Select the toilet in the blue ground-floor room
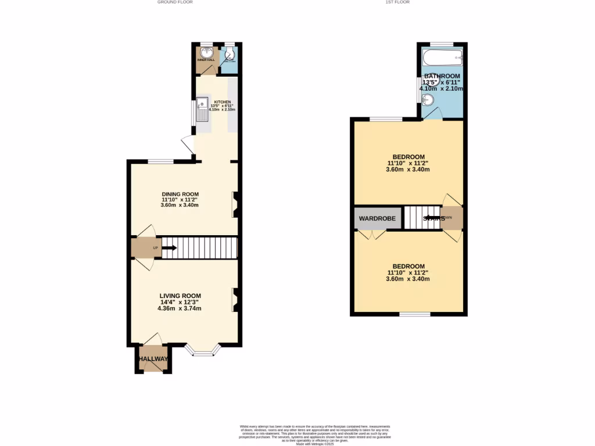click(x=230, y=56)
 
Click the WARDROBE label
click(x=377, y=219)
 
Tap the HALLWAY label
click(x=153, y=359)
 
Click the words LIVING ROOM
click(x=180, y=296)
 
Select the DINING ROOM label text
click(x=180, y=195)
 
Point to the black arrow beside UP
click(x=169, y=248)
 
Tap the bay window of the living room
click(x=203, y=351)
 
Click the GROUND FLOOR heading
click(x=175, y=2)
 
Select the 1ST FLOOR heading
click(x=397, y=2)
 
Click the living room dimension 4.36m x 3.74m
click(x=180, y=308)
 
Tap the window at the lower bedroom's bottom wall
click(x=415, y=314)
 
